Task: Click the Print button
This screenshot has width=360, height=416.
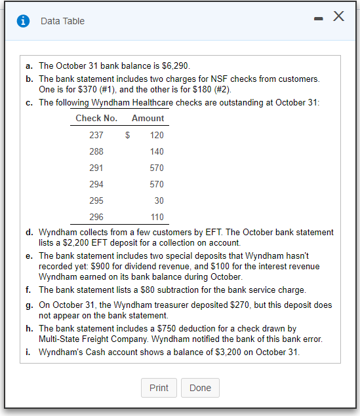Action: (159, 388)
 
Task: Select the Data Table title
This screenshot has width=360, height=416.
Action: (62, 21)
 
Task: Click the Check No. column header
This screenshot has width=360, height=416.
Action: (96, 119)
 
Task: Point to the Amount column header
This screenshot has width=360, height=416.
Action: (148, 119)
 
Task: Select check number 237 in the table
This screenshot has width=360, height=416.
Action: (96, 135)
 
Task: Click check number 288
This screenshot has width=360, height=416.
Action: (96, 151)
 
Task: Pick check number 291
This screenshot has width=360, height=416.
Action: (96, 168)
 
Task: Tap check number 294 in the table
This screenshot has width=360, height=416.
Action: (96, 184)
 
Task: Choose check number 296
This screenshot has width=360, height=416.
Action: (96, 217)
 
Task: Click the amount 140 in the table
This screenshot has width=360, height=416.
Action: (157, 151)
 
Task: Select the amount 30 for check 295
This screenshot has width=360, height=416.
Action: (159, 200)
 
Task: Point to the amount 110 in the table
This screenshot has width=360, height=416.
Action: (157, 217)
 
